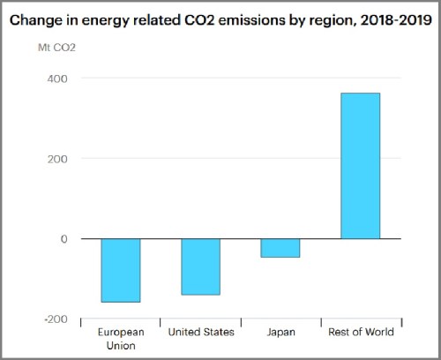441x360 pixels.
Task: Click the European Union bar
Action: tap(121, 270)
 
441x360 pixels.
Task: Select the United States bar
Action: tap(200, 266)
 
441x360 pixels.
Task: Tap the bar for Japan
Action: tap(280, 248)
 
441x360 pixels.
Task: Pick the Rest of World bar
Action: tap(360, 166)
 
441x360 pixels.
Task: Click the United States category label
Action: tap(201, 333)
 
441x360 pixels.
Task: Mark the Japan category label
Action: tap(280, 333)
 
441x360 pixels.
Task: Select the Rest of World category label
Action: tap(360, 333)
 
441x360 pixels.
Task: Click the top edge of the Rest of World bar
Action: tap(360, 94)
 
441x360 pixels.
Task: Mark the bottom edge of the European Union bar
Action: tap(121, 302)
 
